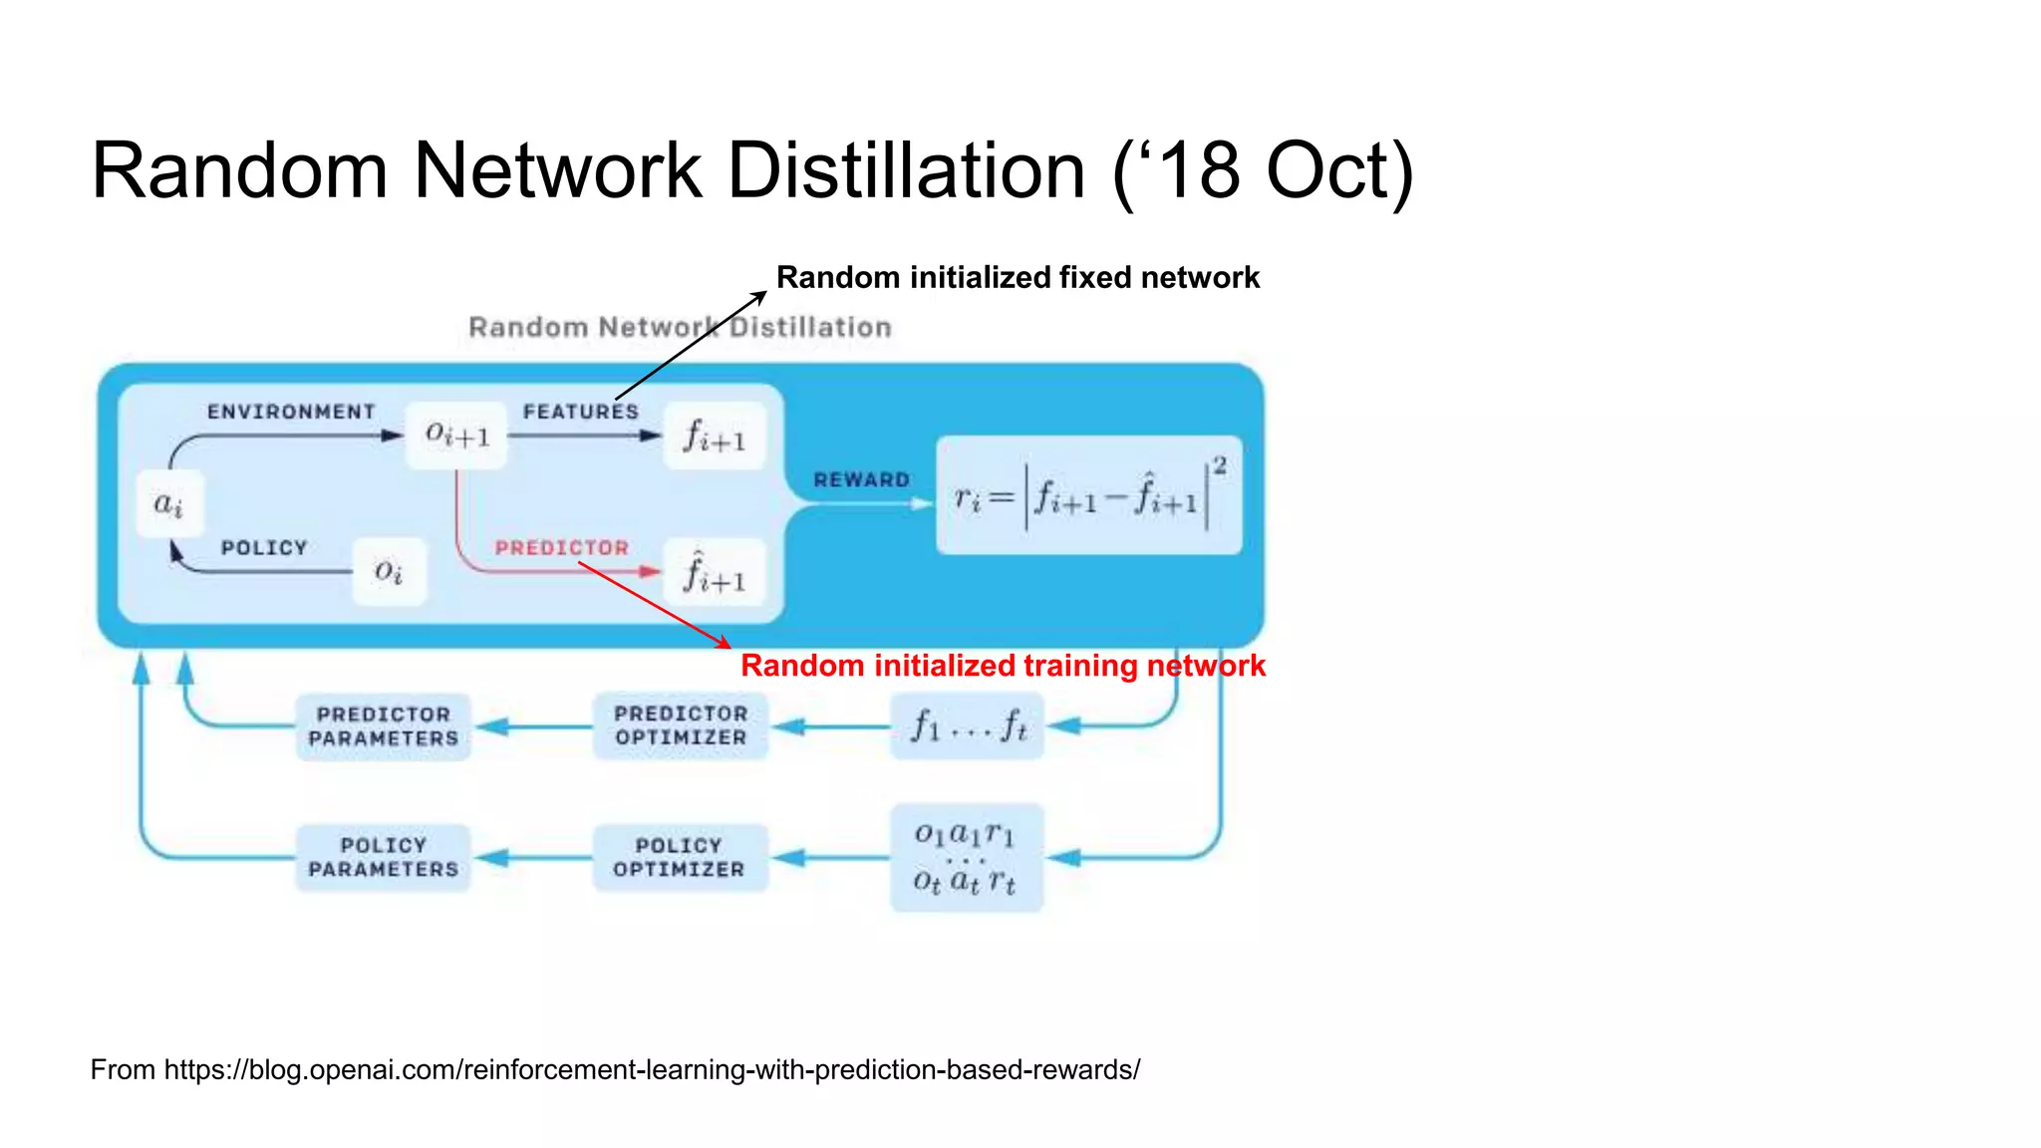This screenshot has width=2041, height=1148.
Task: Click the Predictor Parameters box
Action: pyautogui.click(x=384, y=726)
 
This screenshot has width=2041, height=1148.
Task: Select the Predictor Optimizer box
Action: pyautogui.click(x=681, y=725)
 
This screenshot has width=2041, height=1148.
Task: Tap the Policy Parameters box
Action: pyautogui.click(x=384, y=857)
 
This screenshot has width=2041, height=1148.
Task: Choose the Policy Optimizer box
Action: pyautogui.click(x=680, y=857)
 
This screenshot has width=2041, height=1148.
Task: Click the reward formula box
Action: pyautogui.click(x=1089, y=495)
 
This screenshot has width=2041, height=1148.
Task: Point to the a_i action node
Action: pyautogui.click(x=169, y=503)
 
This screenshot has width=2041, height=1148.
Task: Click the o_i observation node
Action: pyautogui.click(x=389, y=571)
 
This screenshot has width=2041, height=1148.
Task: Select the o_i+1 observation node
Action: pyautogui.click(x=457, y=434)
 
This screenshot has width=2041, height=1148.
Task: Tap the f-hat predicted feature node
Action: pyautogui.click(x=715, y=572)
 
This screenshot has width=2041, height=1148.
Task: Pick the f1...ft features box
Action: pyautogui.click(x=967, y=725)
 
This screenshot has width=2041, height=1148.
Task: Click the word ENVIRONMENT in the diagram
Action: pyautogui.click(x=291, y=412)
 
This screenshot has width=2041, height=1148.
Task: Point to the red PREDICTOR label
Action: pyautogui.click(x=562, y=548)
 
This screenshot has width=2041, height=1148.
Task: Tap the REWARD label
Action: pyautogui.click(x=862, y=480)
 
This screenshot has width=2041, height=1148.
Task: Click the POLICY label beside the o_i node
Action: pyautogui.click(x=264, y=548)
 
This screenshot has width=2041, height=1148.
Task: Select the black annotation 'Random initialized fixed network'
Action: pyautogui.click(x=1018, y=277)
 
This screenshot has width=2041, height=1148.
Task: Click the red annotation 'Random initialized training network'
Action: pyautogui.click(x=1003, y=666)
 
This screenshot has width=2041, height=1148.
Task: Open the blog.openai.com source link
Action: pyautogui.click(x=652, y=1070)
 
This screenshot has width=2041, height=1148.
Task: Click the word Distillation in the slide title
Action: pyautogui.click(x=906, y=170)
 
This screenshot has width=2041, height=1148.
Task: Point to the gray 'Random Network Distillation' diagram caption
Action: pyautogui.click(x=680, y=327)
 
